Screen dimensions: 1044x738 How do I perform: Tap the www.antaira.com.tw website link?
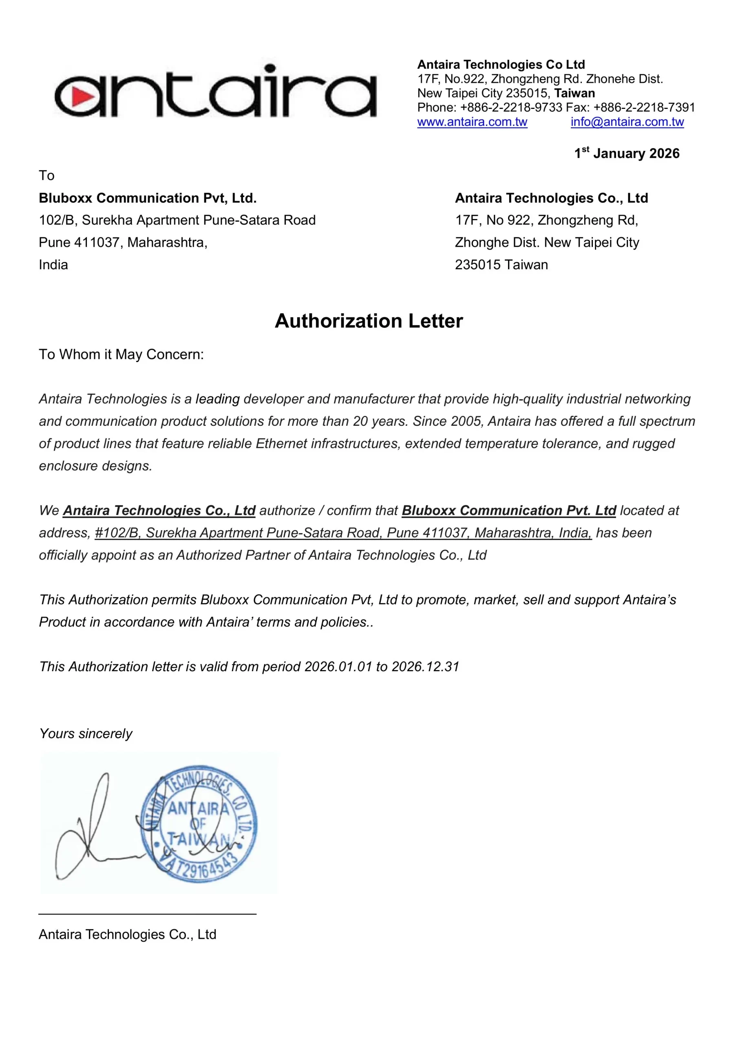472,122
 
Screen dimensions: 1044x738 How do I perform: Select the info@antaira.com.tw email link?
627,122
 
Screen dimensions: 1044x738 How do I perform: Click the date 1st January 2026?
627,153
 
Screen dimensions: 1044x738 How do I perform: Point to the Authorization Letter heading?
369,321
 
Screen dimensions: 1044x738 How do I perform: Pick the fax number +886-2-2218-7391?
644,107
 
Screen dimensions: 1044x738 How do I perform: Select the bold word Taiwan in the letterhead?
574,93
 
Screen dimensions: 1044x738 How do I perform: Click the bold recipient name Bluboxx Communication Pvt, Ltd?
148,198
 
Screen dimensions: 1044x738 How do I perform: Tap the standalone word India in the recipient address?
53,265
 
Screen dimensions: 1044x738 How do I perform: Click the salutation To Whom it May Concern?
122,354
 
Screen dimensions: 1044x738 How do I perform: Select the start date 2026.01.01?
338,667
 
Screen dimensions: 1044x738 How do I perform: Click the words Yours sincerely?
86,733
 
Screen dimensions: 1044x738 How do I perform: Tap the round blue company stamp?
199,824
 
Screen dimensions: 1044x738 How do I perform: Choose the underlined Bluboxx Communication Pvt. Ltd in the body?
509,511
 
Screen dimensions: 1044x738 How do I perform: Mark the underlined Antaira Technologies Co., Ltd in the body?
159,511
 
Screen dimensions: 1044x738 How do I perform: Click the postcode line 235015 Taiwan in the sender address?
501,265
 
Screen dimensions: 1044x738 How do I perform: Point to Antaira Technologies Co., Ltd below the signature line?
127,934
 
